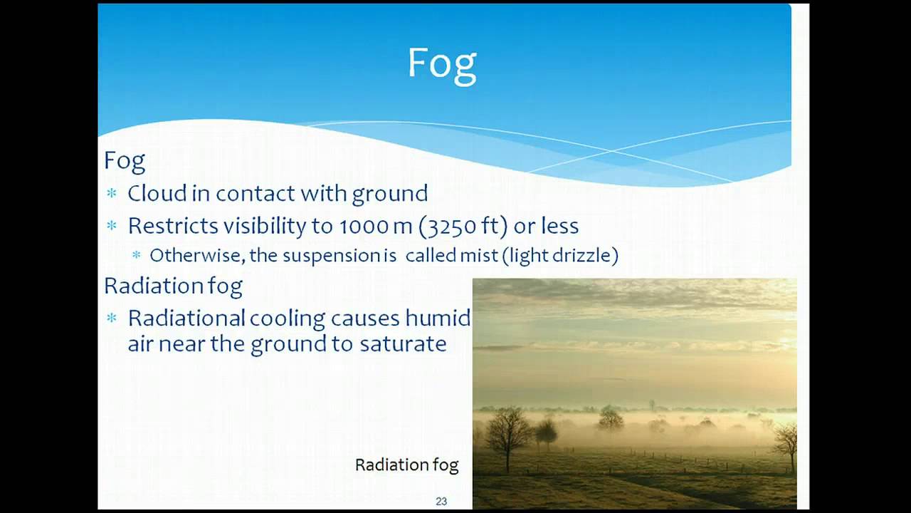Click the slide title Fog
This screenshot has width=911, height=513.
tap(441, 64)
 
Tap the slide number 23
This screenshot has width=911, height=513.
tap(441, 502)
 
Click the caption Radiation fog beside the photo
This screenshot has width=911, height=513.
tap(406, 465)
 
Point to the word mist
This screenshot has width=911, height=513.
tap(478, 256)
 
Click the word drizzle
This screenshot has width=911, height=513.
tap(586, 256)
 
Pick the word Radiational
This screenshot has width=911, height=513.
tap(186, 318)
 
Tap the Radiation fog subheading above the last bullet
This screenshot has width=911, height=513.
tap(173, 286)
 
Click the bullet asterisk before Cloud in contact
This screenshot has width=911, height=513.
tap(111, 194)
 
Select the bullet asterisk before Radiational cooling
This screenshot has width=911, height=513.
tap(111, 318)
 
